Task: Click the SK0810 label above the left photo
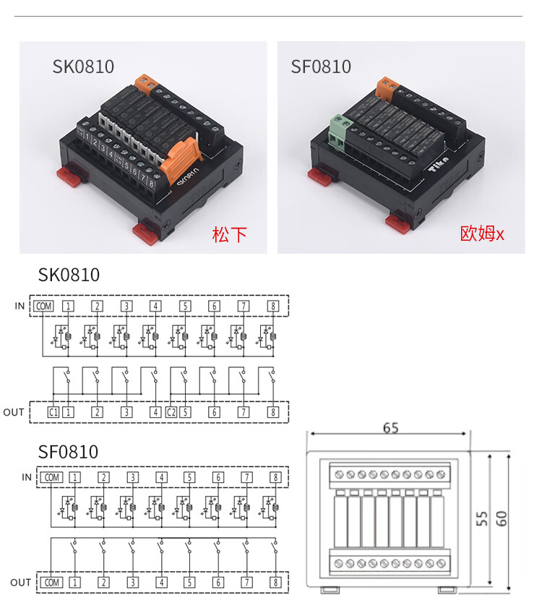coord(83,67)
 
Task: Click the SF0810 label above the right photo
coord(321,67)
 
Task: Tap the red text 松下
coord(229,234)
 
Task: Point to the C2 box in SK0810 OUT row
coord(171,412)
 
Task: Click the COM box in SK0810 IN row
coord(43,306)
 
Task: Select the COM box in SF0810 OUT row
coord(51,582)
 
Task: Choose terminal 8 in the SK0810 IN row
coord(272,306)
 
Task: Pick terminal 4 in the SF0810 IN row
coord(161,477)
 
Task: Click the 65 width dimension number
coord(390,428)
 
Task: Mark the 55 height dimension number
coord(479,518)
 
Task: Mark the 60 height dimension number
coord(502,518)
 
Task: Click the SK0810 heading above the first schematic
coord(69,275)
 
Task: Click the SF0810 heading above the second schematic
coord(68,453)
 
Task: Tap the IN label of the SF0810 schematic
coord(27,477)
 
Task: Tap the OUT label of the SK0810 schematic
coord(14,412)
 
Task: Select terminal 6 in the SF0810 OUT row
coord(218,582)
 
